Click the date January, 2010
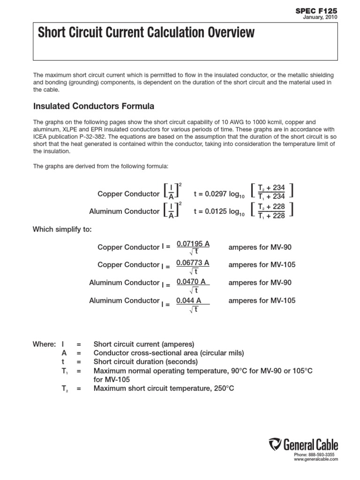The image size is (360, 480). point(321,17)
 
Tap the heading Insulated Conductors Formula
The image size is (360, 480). point(93,106)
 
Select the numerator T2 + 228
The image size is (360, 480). point(271,207)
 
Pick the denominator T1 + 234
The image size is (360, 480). point(271,197)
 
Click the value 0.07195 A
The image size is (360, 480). point(193,243)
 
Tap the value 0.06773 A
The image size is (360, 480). point(193,263)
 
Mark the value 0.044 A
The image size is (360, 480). point(189,300)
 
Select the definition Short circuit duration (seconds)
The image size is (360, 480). point(146,362)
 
